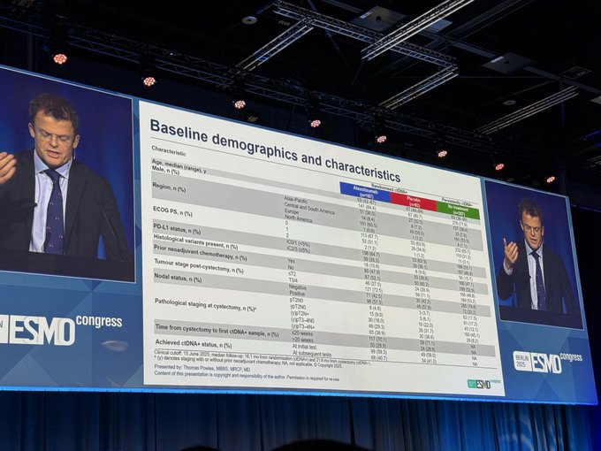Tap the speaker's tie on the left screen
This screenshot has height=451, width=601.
(x=54, y=211)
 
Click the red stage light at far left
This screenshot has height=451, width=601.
(x=59, y=58)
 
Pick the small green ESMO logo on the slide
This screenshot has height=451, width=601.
(x=478, y=384)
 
